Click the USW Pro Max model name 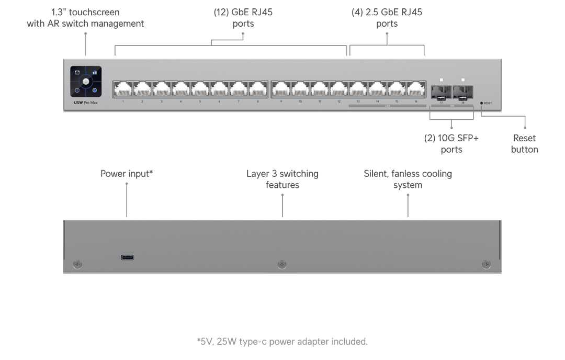click(x=86, y=103)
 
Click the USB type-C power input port click(x=127, y=257)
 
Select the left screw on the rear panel click(x=78, y=264)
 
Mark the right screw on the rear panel click(x=486, y=264)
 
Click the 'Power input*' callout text click(x=127, y=173)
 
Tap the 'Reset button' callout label click(x=525, y=144)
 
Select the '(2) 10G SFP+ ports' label click(x=451, y=144)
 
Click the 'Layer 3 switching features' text click(x=282, y=179)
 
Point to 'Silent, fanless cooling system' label click(x=408, y=179)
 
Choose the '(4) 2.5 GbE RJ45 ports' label click(x=387, y=18)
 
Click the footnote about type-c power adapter click(x=282, y=342)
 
